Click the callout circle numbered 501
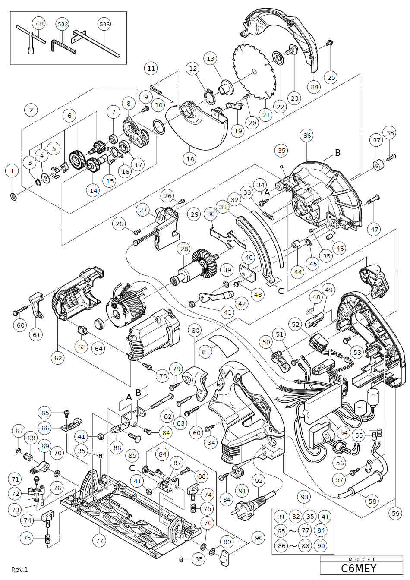[39, 23]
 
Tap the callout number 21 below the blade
[266, 115]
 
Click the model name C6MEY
[359, 568]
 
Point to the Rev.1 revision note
[19, 570]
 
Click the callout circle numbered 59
[396, 513]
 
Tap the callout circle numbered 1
[12, 171]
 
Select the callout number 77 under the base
[100, 540]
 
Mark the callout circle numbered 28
[184, 249]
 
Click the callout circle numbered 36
[307, 136]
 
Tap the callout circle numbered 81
[206, 352]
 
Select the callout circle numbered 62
[58, 358]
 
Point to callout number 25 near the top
[331, 78]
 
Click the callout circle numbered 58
[372, 501]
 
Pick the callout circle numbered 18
[190, 159]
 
